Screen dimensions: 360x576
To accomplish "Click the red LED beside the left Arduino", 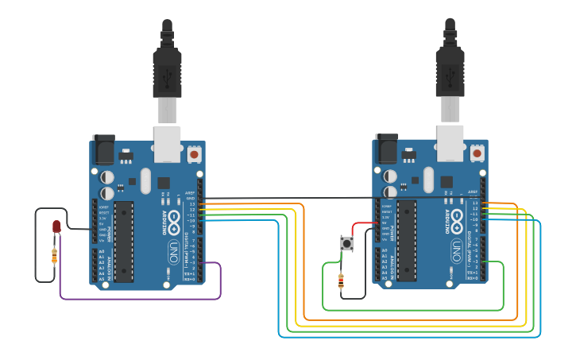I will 56,227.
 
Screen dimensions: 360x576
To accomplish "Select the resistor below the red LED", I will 54,256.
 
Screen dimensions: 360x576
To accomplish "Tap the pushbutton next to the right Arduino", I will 347,243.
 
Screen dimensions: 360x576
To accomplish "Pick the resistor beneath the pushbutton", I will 341,280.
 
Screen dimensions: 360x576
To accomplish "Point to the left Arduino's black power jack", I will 103,149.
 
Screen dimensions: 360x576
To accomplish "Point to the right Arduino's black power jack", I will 386,149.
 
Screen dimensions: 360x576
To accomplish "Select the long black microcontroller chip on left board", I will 123,241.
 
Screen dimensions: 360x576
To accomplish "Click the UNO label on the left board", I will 173,253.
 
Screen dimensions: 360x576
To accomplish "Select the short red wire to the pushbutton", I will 361,226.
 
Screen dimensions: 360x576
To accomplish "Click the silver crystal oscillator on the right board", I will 428,180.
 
